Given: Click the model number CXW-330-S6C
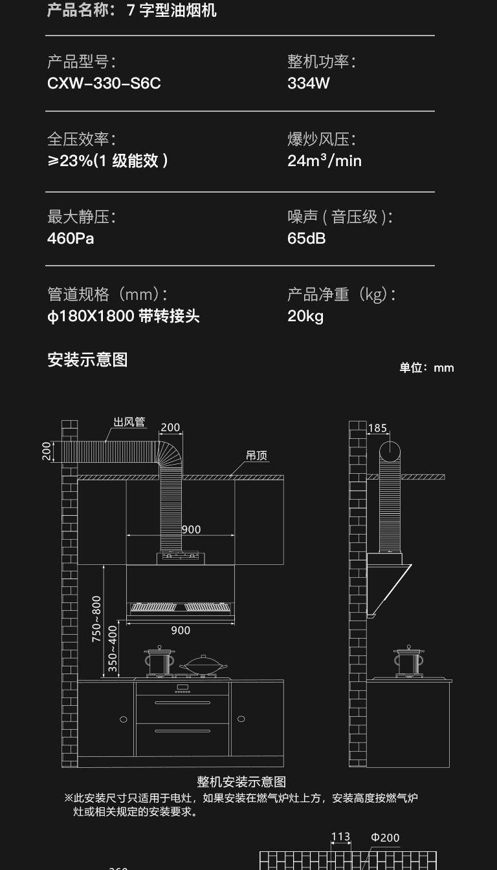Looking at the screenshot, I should (104, 83).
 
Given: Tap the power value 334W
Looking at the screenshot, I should (309, 83).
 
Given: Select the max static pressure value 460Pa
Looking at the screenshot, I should (71, 239).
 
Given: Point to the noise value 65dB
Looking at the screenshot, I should (307, 239).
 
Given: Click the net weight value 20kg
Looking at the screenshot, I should (305, 316).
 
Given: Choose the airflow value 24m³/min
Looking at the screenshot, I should (324, 160).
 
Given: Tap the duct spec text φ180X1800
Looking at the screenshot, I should (91, 316).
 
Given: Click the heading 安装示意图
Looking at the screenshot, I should (87, 359).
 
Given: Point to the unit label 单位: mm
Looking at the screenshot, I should (426, 368).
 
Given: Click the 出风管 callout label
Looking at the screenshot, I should (129, 422).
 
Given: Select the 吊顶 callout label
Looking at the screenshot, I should (256, 456).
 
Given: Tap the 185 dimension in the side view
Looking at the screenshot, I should (377, 428).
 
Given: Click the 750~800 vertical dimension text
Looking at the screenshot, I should (96, 619).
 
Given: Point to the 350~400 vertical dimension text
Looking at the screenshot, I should (113, 648).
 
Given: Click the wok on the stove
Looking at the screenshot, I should (203, 664).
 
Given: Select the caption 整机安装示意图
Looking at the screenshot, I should (241, 783).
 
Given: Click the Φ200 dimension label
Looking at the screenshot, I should (385, 838).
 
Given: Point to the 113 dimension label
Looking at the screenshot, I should (340, 837).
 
